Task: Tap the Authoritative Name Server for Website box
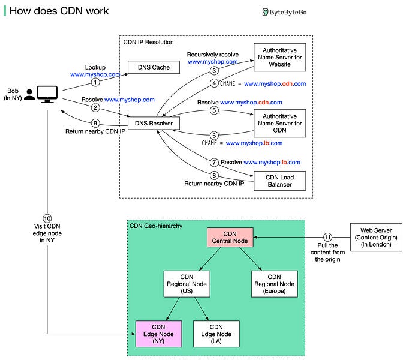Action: (x=279, y=58)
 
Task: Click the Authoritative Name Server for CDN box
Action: (x=279, y=123)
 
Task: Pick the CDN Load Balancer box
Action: (x=279, y=181)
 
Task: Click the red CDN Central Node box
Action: (x=231, y=237)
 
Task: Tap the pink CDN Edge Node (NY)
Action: (x=159, y=334)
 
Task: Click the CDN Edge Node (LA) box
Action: (x=216, y=334)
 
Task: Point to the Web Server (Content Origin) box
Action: (x=377, y=237)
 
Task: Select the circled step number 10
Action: (x=47, y=218)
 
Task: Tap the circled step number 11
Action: (x=327, y=237)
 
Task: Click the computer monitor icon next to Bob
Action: (x=47, y=94)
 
